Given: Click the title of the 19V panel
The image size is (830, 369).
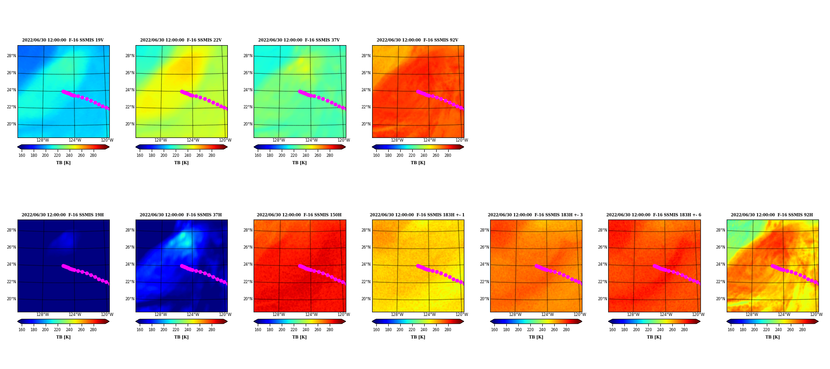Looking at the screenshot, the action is coord(63,40).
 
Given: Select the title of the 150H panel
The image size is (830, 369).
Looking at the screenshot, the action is coord(299,215).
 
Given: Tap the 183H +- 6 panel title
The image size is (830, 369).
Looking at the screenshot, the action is coord(653,215).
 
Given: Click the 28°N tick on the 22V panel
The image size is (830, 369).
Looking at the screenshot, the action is coord(130,56).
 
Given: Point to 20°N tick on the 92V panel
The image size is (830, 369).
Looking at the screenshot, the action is coord(366,124).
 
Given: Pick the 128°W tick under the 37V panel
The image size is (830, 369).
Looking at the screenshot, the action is coord(279,140).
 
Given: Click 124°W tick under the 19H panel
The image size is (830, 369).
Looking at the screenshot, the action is coord(75,315).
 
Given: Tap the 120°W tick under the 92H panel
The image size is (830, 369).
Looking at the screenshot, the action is coord(816,315).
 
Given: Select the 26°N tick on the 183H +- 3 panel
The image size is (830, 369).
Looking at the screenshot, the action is coord(484,247).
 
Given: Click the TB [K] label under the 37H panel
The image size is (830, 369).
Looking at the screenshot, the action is coord(181,337).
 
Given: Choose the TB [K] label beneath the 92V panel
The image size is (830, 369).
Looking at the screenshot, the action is coord(418,163).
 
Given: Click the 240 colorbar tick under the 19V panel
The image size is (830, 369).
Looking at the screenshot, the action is coord(69,155).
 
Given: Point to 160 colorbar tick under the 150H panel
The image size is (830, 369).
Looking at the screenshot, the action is coord(258,330).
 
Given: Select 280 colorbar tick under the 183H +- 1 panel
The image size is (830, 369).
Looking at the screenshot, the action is coord(448,330).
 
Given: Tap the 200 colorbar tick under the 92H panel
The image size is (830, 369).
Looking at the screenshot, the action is coord(754,330).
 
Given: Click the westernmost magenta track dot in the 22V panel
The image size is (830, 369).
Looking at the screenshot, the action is coord(182,91).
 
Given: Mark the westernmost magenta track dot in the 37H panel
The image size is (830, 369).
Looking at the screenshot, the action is coord(182,266).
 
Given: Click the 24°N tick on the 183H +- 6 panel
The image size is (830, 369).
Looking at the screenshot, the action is coord(602,264).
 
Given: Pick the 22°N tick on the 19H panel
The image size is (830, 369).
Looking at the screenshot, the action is coord(12,282).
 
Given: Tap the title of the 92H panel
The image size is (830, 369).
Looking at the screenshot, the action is coord(772,215).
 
